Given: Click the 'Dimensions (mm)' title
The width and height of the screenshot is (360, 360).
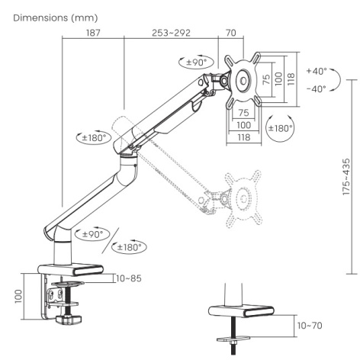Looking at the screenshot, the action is (x=56, y=18).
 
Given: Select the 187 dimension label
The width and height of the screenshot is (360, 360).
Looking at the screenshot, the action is (x=93, y=33).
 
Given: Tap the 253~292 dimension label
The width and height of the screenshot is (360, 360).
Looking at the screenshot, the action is (x=171, y=33).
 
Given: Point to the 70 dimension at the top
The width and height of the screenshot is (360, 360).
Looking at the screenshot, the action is (x=231, y=33).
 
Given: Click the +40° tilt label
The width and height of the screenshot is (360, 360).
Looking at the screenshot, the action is (x=317, y=71).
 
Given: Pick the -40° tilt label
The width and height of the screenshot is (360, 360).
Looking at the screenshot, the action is (x=317, y=88).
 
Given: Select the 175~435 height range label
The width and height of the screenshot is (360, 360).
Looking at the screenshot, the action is (x=346, y=177).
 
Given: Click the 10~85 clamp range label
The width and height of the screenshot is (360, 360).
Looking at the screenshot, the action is (x=129, y=278).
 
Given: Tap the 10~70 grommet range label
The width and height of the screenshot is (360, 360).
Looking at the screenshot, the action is (x=310, y=326).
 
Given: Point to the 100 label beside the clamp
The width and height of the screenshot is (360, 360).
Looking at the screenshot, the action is (x=18, y=296).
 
